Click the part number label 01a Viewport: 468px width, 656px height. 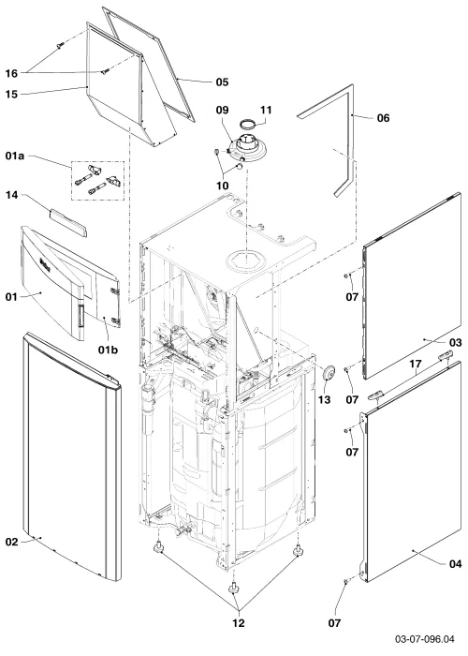[15, 157]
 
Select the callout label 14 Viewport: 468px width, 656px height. [11, 195]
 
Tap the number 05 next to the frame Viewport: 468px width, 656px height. [223, 82]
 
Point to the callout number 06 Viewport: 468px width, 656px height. [383, 118]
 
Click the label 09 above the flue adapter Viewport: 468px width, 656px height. [223, 110]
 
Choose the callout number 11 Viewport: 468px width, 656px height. [266, 110]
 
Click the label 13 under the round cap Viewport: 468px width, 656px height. [324, 400]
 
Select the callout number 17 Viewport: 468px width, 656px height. [415, 364]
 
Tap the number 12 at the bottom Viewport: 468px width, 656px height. [238, 623]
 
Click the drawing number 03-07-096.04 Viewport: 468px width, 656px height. [425, 639]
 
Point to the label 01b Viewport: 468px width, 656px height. [109, 350]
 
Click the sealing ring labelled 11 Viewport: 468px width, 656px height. [248, 124]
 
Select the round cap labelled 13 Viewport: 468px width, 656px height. [330, 372]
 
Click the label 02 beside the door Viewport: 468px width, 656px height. [11, 543]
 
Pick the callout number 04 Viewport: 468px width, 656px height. [455, 564]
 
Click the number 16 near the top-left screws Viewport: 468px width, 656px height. [11, 74]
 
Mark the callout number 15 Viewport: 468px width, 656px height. [11, 95]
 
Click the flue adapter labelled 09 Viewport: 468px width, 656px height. [250, 149]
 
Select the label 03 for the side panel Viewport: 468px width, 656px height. [455, 343]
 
